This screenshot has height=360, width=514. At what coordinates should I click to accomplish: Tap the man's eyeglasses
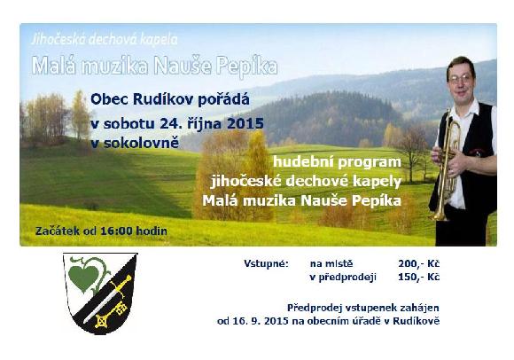point(460,79)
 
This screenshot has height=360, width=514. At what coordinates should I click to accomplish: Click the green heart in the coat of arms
point(83,278)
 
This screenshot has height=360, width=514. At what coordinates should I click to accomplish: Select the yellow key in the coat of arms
point(111,314)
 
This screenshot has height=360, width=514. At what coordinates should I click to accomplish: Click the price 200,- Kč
point(418,264)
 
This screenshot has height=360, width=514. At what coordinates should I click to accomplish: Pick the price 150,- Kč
point(418,278)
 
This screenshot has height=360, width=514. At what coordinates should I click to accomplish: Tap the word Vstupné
point(266,264)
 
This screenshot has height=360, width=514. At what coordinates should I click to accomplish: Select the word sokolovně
point(142,144)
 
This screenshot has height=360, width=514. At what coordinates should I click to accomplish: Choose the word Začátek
point(58,231)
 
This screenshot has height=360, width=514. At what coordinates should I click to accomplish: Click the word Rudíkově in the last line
point(416,321)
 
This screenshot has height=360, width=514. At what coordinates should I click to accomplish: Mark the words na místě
point(331,264)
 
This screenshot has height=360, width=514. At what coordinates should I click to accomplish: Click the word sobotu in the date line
point(129,123)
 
